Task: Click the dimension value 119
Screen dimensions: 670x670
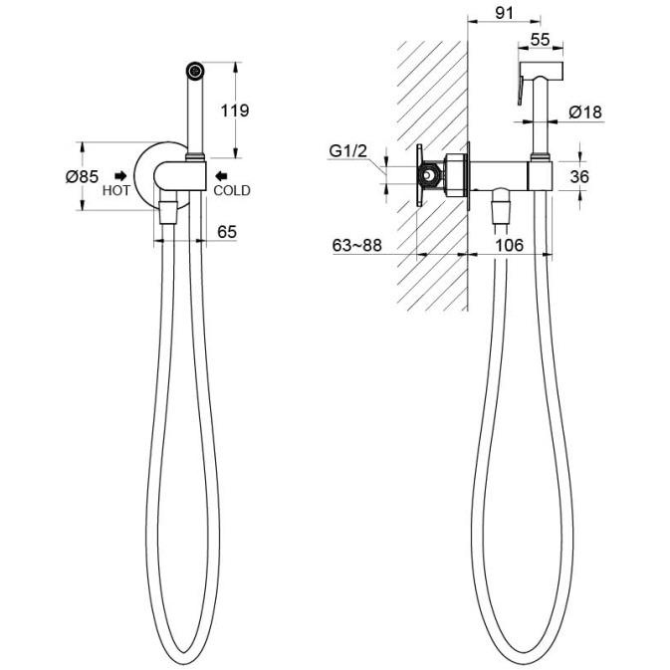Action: pos(235,111)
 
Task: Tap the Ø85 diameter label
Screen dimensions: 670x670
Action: pos(82,176)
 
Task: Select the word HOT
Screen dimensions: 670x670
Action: pos(115,190)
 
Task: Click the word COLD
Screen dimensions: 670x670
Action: pos(232,190)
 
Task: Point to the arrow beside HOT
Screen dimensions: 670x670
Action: pos(120,175)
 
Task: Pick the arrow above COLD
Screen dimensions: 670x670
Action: pos(221,175)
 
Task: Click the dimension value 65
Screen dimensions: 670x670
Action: pos(227,232)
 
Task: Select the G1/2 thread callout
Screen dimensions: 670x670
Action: pos(347,151)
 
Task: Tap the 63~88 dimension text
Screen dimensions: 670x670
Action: pos(356,245)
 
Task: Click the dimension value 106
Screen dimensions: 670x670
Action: pos(509,245)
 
